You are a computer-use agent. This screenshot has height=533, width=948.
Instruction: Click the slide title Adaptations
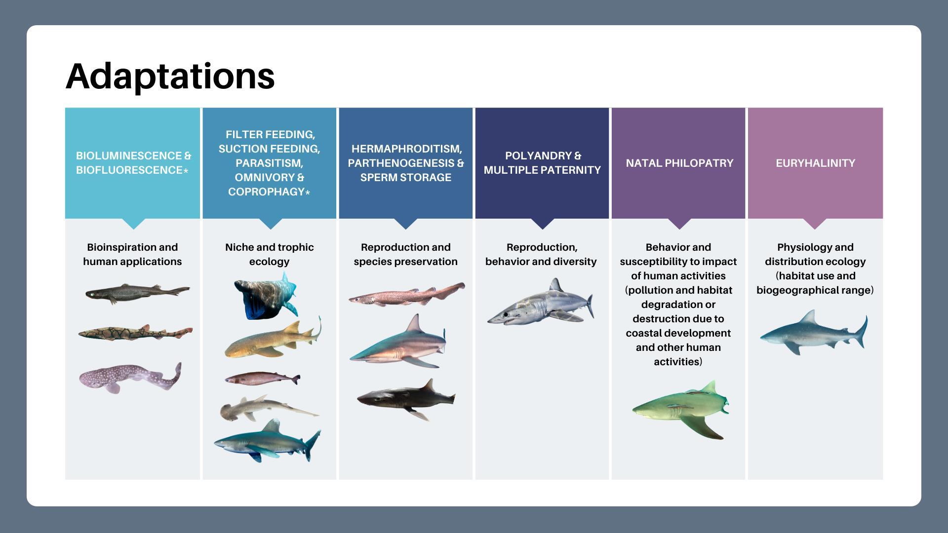(170, 76)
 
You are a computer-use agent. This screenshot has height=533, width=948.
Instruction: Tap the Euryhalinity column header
(815, 163)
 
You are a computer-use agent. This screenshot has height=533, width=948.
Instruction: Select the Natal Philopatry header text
(679, 163)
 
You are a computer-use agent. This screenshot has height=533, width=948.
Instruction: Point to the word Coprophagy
(266, 191)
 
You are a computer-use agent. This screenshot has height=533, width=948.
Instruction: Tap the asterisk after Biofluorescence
(186, 171)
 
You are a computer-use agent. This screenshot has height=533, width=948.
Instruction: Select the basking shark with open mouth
(266, 296)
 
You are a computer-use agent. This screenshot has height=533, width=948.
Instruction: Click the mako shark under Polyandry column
(541, 302)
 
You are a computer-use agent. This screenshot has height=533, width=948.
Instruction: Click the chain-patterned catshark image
(135, 333)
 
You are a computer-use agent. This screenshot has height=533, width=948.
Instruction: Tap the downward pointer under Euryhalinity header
(815, 224)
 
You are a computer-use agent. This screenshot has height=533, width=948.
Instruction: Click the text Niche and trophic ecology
(269, 254)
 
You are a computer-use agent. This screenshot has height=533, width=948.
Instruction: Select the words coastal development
(678, 333)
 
